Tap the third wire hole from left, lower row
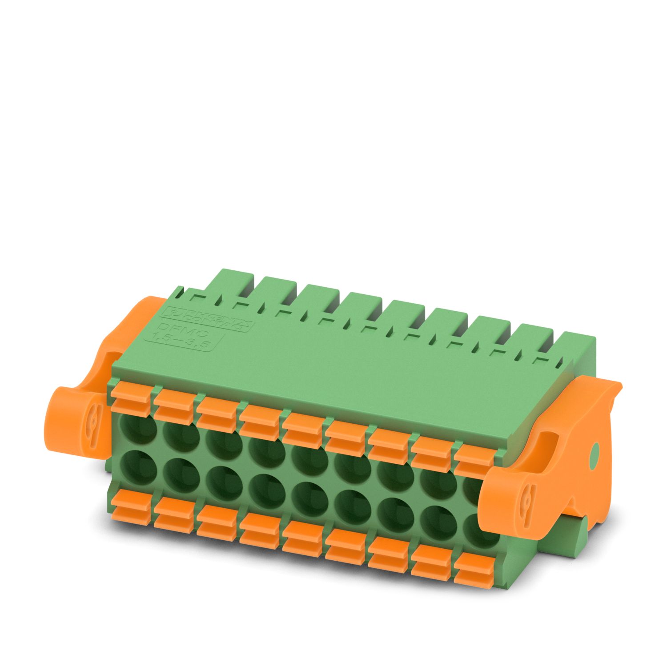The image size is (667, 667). coord(224,487)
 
